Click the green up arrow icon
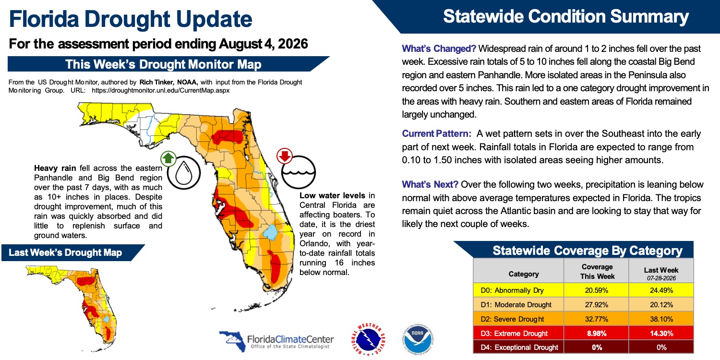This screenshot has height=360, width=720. coord(168,158)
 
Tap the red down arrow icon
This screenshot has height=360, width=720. coord(285,156)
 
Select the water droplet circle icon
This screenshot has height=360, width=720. coord(184,173)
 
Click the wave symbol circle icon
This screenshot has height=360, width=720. coord(299,172)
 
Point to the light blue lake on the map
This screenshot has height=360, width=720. coord(270,232)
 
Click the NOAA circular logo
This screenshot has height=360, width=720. coord(418,338)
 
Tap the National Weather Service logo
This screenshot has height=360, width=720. coord(368,339)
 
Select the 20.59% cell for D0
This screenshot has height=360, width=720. coord(596,290)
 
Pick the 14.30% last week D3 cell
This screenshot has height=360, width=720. coord(661,333)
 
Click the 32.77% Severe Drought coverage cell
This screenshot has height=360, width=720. coord(596,319)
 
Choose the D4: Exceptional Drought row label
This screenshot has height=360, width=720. coord(519,348)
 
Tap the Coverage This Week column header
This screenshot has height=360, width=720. coord(597,272)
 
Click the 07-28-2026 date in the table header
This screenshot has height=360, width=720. coord(661,278)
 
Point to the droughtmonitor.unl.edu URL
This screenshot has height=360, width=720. coord(161,90)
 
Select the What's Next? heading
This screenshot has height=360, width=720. coord(430,184)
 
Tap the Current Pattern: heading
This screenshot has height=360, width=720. coord(436,134)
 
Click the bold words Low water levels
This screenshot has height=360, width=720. coord(332,195)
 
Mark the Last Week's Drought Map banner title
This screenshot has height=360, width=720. coord(65,252)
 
